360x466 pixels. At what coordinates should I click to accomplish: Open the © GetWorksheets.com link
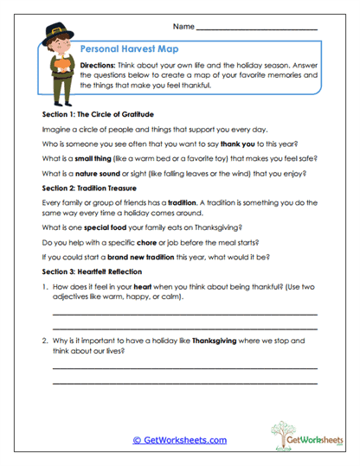click(179, 440)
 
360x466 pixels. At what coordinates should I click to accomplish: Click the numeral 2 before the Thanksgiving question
click(43, 342)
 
